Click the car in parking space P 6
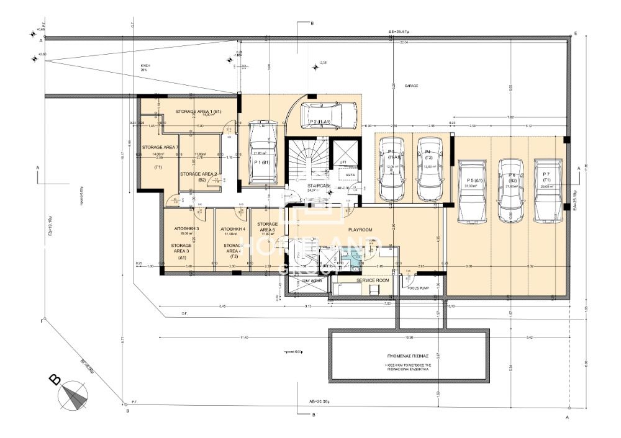coord(511,190)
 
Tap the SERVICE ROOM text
coord(373,280)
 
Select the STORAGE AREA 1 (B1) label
coord(198,111)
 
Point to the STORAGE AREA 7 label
coord(160,147)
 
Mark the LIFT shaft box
coord(343,159)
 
